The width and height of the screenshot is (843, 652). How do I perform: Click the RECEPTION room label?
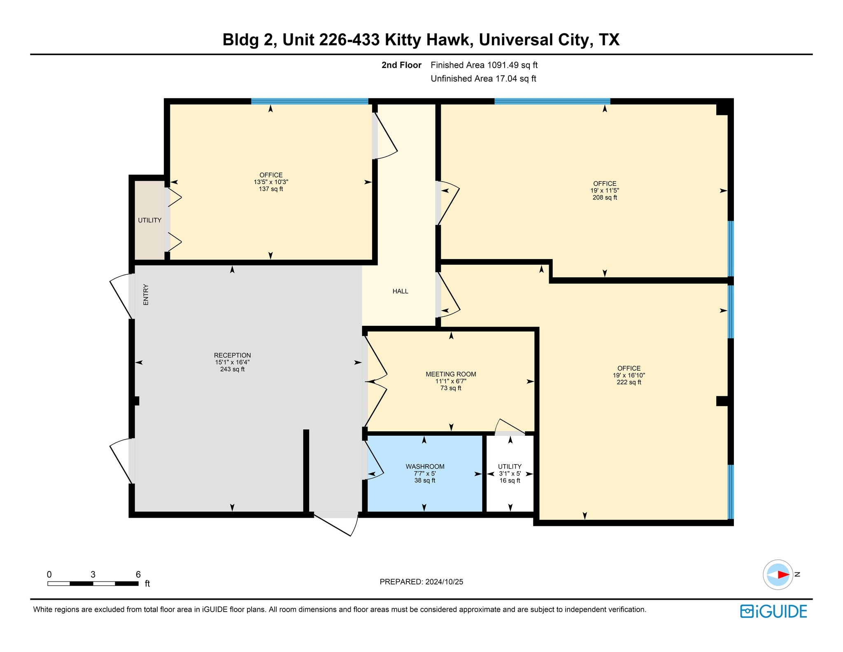[x=232, y=355]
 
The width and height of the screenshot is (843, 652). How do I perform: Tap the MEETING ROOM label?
[x=451, y=374]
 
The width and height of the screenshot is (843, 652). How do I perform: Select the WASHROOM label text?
[x=425, y=467]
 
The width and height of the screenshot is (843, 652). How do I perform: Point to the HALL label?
[x=400, y=292]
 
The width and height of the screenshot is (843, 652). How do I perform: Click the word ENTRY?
[x=146, y=294]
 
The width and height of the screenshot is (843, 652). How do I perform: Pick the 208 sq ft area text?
[x=604, y=198]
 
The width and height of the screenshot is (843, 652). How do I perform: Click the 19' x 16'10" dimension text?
[x=629, y=376]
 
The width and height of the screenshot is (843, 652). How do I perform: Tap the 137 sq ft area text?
[x=271, y=189]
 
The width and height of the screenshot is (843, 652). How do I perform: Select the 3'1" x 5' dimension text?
[x=510, y=474]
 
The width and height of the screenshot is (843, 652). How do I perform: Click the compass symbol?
[x=778, y=575]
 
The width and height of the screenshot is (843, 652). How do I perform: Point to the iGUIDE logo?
[x=773, y=611]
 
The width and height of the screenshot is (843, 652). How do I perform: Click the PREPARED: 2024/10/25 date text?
[x=421, y=582]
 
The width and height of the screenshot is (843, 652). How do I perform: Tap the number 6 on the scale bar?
[x=138, y=575]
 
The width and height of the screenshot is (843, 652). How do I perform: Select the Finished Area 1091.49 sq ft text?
[x=484, y=65]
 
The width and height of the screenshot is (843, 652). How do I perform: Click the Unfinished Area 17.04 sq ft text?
[x=483, y=79]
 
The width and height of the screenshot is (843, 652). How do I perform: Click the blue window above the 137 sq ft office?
[x=310, y=101]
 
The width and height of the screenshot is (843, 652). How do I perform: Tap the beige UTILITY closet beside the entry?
[x=149, y=220]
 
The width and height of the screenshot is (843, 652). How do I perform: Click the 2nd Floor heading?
[x=401, y=65]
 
